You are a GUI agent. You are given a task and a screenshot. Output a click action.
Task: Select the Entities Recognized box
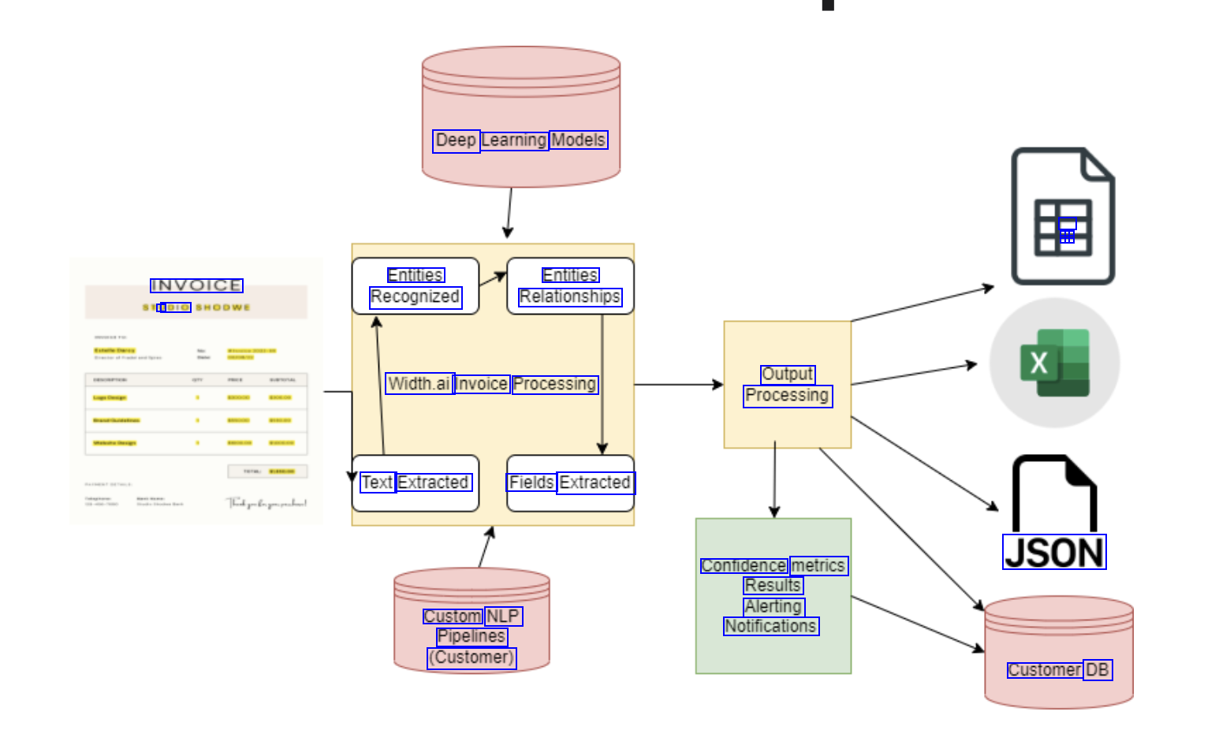click(416, 286)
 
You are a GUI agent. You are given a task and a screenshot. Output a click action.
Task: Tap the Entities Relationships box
click(570, 286)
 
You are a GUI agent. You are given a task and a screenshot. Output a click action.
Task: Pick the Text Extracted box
click(416, 483)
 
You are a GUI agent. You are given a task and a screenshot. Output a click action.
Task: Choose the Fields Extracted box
click(570, 483)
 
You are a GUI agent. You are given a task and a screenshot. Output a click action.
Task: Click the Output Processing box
click(787, 385)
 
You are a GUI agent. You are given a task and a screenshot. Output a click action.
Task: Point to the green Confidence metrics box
click(773, 596)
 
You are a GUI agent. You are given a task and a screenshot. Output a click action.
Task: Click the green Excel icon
click(1055, 363)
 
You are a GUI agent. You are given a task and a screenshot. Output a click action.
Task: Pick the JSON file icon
click(1054, 512)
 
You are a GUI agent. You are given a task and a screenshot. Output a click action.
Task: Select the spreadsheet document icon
click(1063, 216)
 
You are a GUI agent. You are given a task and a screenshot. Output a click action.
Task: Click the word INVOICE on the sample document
click(196, 285)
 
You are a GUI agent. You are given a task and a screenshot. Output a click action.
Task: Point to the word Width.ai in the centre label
click(419, 384)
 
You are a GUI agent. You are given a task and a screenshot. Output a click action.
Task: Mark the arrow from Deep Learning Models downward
click(509, 213)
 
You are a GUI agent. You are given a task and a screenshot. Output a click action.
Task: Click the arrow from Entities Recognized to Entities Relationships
click(493, 279)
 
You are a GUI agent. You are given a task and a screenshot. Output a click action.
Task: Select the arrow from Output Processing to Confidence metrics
click(774, 481)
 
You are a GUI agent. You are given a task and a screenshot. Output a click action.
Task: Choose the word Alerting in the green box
click(773, 606)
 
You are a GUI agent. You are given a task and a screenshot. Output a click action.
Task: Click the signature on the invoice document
click(266, 503)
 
